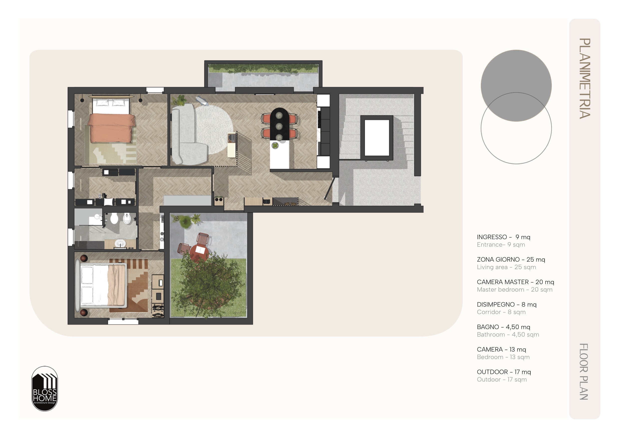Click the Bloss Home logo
point(44,389)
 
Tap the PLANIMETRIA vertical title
point(585,78)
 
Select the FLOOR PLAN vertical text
point(584,372)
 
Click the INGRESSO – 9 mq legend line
point(503,237)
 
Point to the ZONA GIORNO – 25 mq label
point(511,259)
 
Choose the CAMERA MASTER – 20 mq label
point(515,282)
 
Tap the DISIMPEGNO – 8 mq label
point(507,304)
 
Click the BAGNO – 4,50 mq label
point(503,327)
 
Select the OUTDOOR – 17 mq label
point(504,372)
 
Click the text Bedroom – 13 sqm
point(503,357)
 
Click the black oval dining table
point(279,124)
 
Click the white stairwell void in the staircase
point(377,137)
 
